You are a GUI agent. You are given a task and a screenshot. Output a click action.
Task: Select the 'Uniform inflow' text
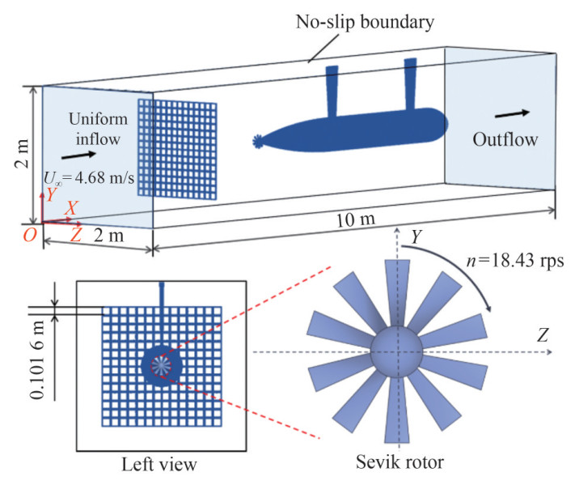pos(95,129)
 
